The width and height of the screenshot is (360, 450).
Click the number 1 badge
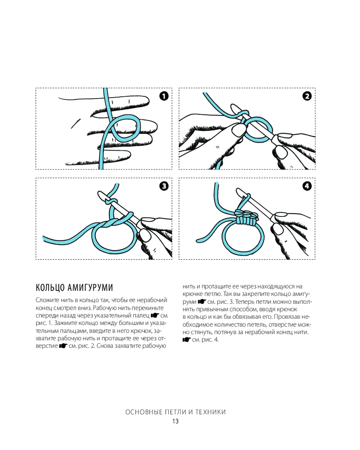pyautogui.click(x=163, y=95)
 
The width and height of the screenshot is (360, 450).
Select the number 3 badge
pyautogui.click(x=163, y=185)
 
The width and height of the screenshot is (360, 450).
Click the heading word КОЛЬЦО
pyautogui.click(x=47, y=288)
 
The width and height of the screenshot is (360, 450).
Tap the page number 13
pyautogui.click(x=175, y=421)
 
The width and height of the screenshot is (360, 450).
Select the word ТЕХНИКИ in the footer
pyautogui.click(x=210, y=412)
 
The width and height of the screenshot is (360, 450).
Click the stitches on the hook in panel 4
pyautogui.click(x=247, y=218)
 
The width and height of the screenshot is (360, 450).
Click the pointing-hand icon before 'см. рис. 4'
pyautogui.click(x=186, y=339)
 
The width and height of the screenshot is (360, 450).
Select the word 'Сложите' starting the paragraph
pyautogui.click(x=48, y=300)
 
